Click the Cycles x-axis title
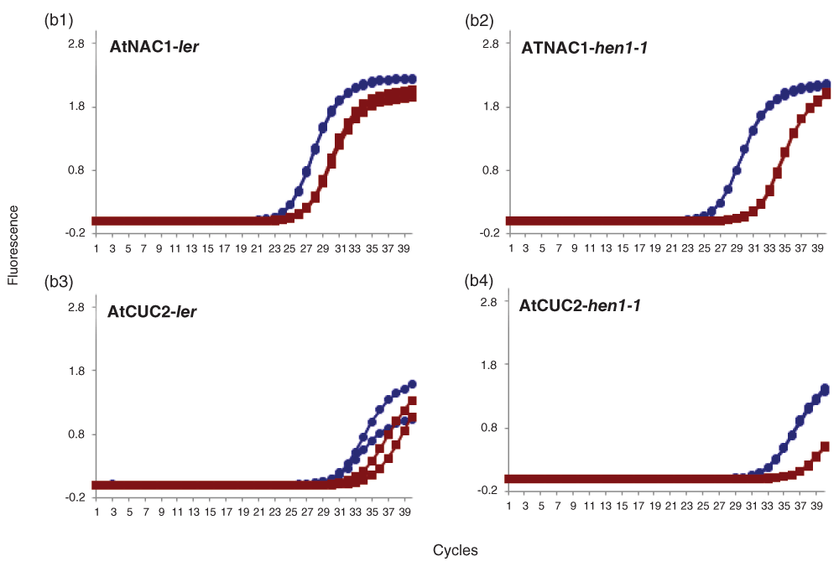(x=456, y=550)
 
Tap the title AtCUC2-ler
(x=158, y=312)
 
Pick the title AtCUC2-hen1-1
(x=581, y=306)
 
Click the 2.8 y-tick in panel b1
(x=76, y=44)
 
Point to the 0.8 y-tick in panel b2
(x=491, y=170)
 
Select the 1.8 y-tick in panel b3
(x=76, y=371)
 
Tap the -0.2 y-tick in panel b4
(x=491, y=491)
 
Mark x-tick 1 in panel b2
(x=508, y=250)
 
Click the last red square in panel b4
(x=826, y=446)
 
